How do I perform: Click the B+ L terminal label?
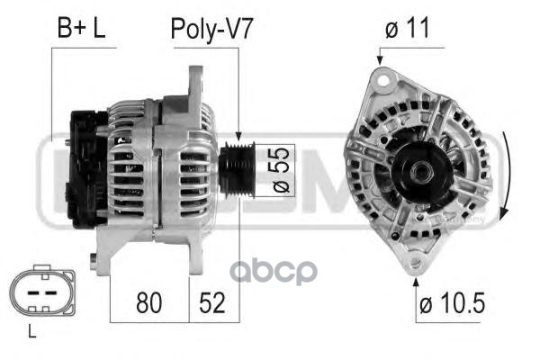(81, 28)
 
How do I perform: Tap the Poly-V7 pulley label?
(211, 30)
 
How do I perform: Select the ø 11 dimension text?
(408, 28)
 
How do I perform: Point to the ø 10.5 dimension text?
(452, 302)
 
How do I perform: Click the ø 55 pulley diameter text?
(280, 170)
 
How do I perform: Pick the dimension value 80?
(148, 302)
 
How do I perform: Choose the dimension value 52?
(211, 302)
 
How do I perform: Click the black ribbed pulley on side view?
(237, 170)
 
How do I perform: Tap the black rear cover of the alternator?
(88, 169)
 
